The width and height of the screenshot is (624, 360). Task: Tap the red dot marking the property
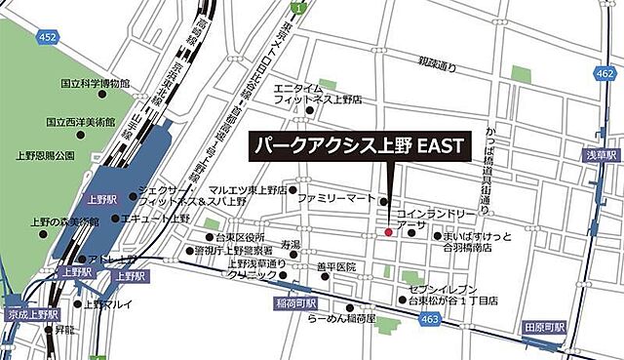[x=388, y=232]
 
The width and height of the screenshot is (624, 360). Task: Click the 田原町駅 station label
[x=544, y=327]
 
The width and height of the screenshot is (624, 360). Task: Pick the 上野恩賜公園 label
[x=46, y=155]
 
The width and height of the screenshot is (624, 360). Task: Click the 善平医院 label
[x=336, y=266]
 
